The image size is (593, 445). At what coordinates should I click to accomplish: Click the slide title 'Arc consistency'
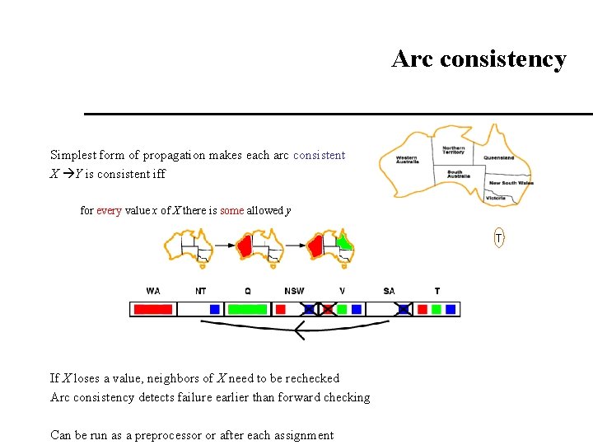click(x=479, y=59)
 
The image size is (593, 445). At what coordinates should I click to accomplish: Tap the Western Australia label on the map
click(x=406, y=159)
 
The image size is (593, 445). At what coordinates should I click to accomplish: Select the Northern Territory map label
click(x=453, y=150)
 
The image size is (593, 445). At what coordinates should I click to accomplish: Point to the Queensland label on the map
click(x=498, y=157)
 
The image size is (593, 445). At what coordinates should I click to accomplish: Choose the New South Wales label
click(x=511, y=183)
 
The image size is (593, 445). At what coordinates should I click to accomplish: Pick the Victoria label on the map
click(x=496, y=199)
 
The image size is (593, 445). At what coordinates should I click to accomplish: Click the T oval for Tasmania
click(x=498, y=238)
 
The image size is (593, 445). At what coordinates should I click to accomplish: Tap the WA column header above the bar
click(x=153, y=291)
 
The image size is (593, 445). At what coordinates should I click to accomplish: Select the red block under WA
click(x=153, y=310)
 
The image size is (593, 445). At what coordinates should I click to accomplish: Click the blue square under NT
click(x=214, y=310)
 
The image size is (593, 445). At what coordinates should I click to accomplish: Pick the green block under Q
click(x=247, y=310)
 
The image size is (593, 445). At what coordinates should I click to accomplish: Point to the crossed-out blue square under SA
click(x=404, y=310)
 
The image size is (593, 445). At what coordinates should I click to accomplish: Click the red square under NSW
click(x=280, y=310)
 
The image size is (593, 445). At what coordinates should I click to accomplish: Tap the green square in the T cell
click(x=437, y=310)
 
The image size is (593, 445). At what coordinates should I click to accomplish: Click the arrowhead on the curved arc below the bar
click(x=298, y=332)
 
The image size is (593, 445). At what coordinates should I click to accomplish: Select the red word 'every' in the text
click(x=109, y=211)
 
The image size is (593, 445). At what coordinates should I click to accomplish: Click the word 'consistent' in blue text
click(x=319, y=155)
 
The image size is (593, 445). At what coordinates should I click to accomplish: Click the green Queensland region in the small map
click(x=343, y=243)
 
